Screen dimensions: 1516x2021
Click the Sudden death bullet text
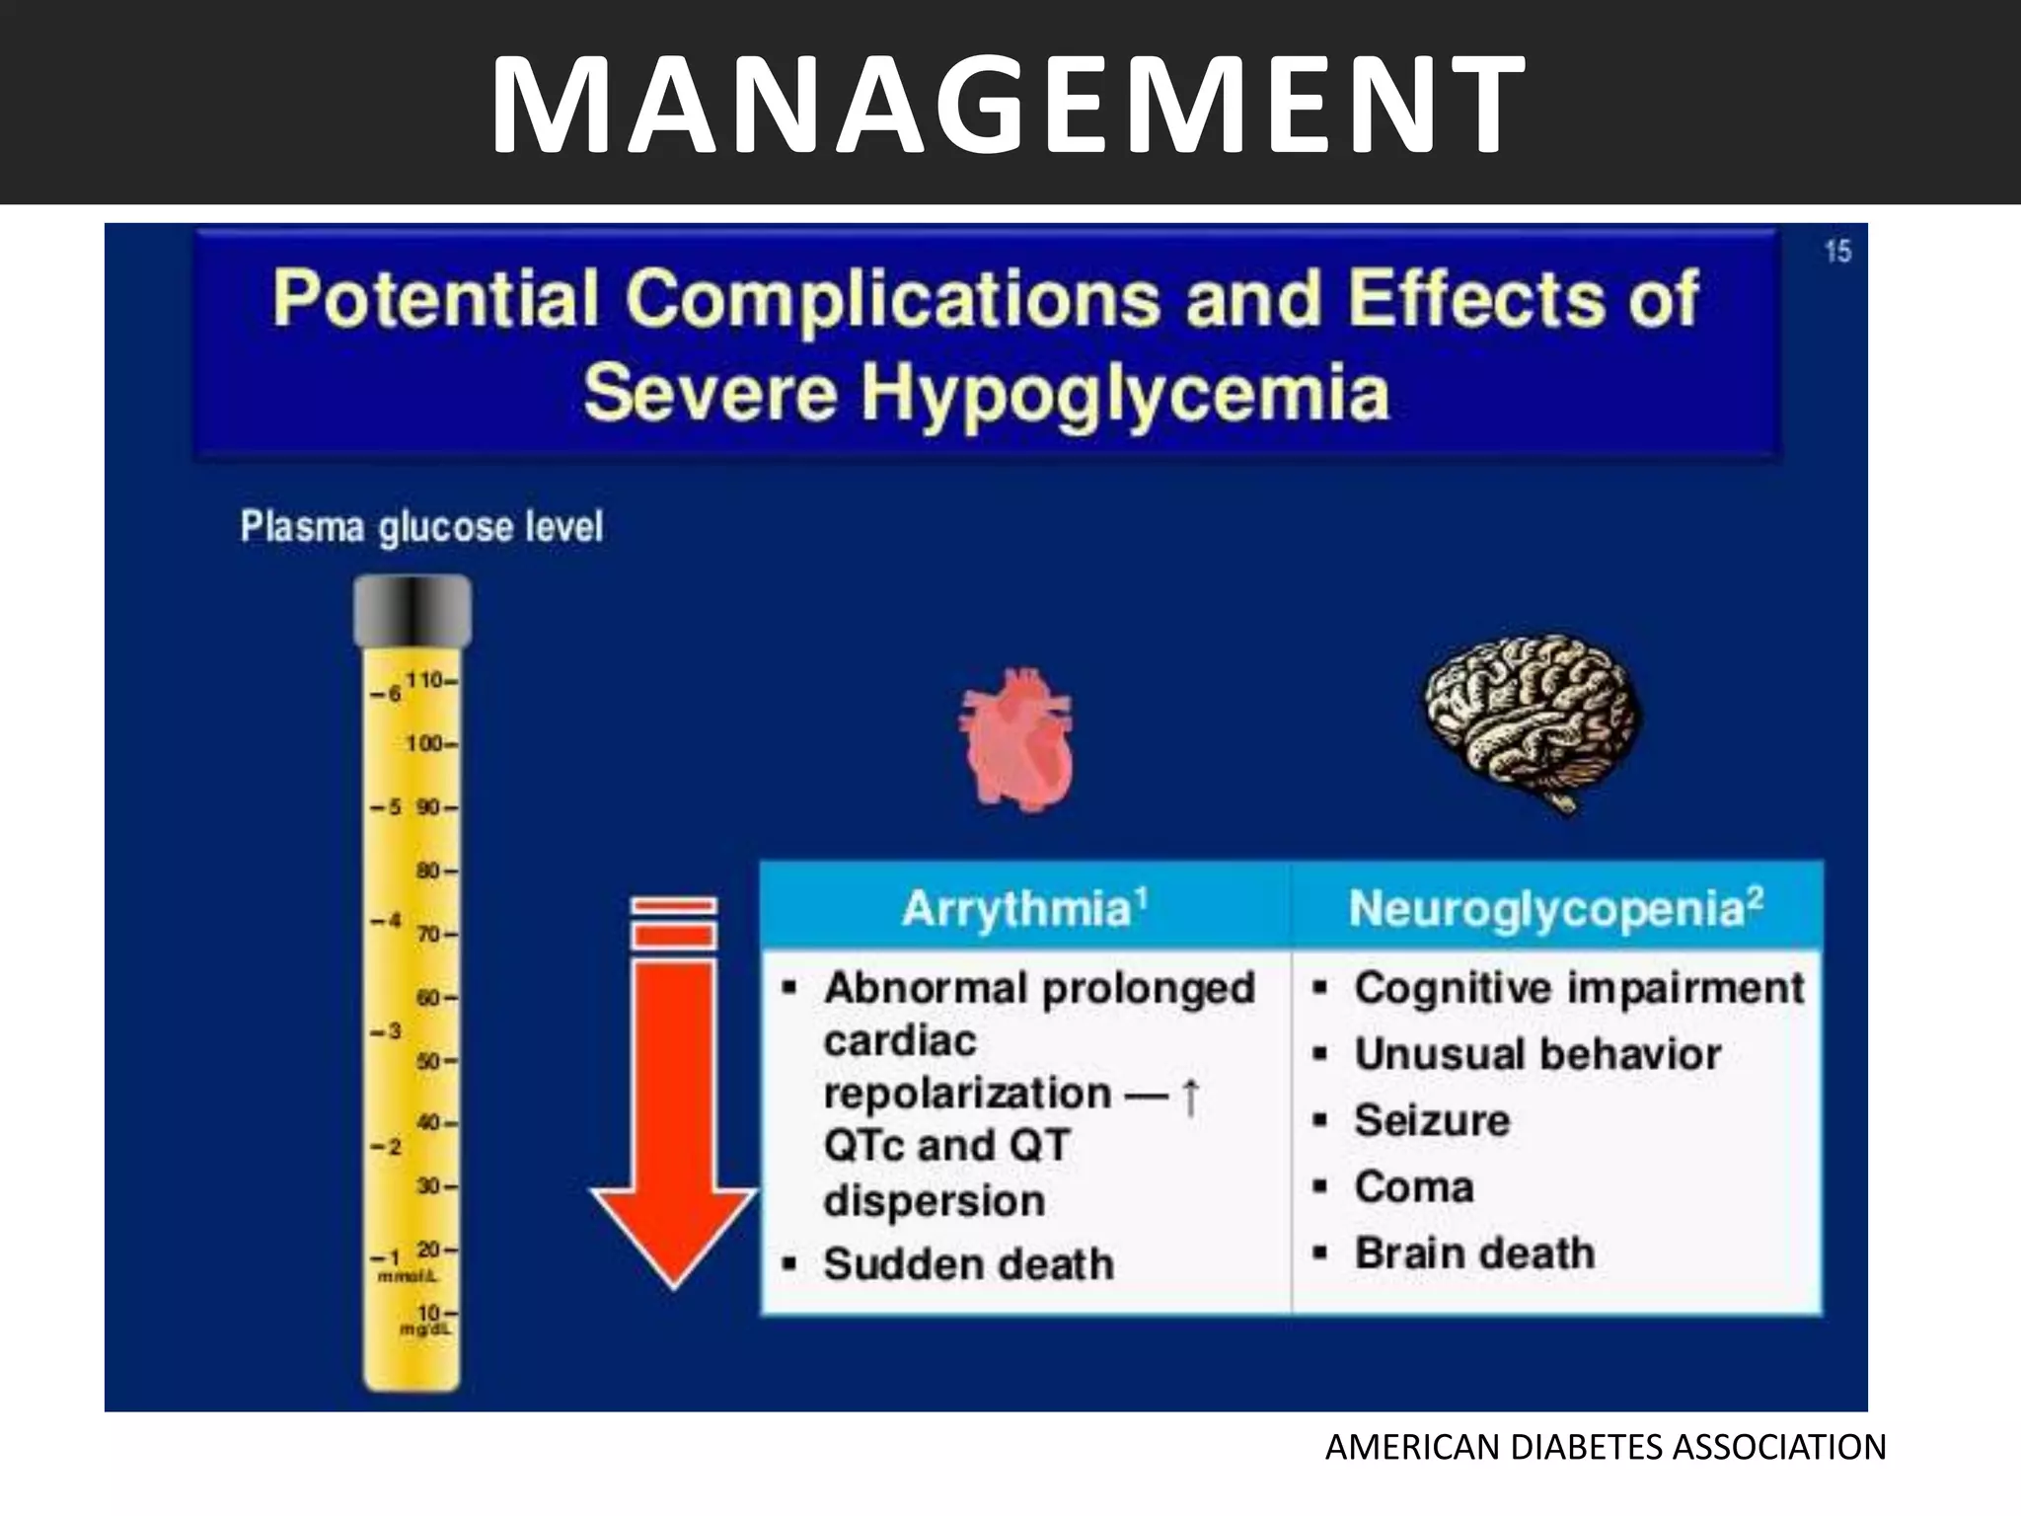pyautogui.click(x=968, y=1264)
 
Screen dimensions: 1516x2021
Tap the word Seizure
pyautogui.click(x=1432, y=1120)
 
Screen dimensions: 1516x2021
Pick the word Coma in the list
pyautogui.click(x=1414, y=1186)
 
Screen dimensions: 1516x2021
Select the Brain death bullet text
pyautogui.click(x=1474, y=1253)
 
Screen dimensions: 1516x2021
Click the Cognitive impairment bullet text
pyautogui.click(x=1579, y=988)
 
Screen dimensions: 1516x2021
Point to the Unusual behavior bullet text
pyautogui.click(x=1537, y=1054)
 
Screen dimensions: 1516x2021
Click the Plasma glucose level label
pyautogui.click(x=421, y=527)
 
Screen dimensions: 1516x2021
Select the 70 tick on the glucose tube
pyautogui.click(x=431, y=934)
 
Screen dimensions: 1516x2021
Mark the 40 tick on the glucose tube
pyautogui.click(x=431, y=1123)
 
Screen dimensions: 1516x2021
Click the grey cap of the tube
pyautogui.click(x=412, y=610)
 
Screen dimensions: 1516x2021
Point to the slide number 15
pyautogui.click(x=1837, y=252)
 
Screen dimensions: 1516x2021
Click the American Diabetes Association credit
pyautogui.click(x=1606, y=1448)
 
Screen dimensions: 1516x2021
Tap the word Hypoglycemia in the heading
pyautogui.click(x=1125, y=393)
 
